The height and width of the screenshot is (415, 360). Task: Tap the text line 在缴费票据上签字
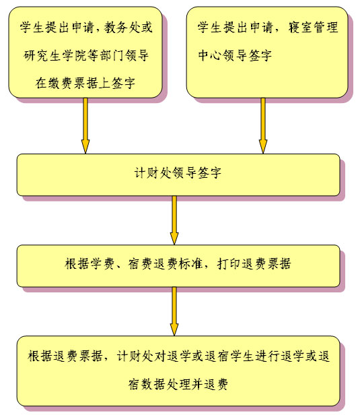(x=85, y=84)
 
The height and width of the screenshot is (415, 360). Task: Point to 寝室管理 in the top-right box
(x=313, y=28)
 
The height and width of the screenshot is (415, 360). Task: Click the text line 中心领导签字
(x=235, y=55)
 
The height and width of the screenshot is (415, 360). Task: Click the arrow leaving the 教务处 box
(x=85, y=126)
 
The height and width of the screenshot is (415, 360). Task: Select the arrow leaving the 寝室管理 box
(x=262, y=126)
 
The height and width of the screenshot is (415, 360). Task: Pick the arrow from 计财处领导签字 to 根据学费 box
(x=174, y=220)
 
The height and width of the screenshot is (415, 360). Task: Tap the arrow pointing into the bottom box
(x=174, y=311)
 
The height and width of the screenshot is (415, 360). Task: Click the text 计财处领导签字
(x=178, y=173)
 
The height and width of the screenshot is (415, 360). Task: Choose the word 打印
(x=229, y=263)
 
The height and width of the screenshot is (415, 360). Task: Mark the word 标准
(x=190, y=263)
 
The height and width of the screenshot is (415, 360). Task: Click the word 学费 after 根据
(x=102, y=263)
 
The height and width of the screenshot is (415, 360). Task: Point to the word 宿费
(x=140, y=263)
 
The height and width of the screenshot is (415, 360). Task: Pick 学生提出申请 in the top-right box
(x=235, y=28)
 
